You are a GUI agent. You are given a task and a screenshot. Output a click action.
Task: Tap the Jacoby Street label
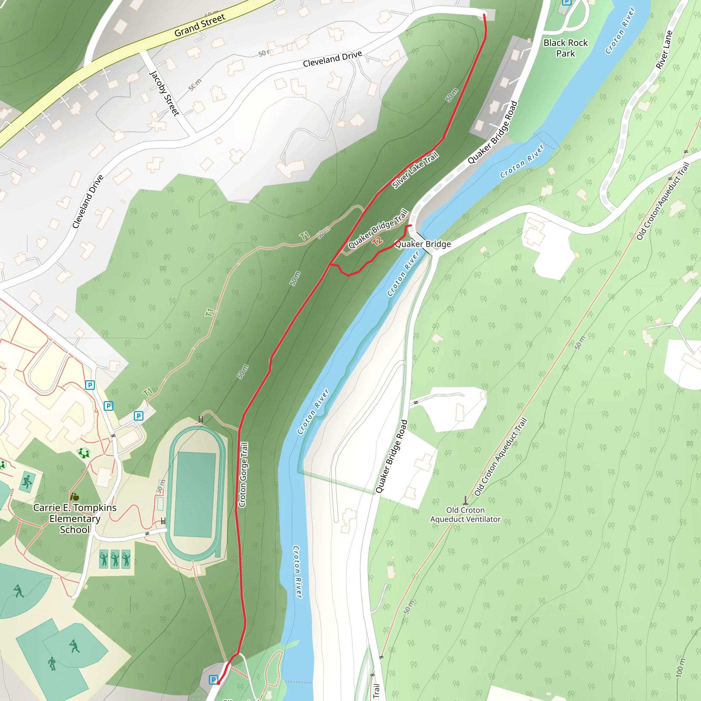coord(164,93)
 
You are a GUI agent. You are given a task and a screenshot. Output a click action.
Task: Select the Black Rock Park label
coord(565,48)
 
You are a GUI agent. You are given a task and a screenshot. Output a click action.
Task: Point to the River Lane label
coord(664,50)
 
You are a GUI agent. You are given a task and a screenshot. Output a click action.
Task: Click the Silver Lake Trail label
coord(416,170)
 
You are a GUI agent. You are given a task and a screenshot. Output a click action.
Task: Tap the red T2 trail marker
coord(377,241)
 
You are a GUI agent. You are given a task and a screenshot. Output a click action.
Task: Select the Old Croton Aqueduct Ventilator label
coord(465,514)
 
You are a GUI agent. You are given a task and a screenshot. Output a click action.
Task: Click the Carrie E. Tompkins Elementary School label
coord(75,519)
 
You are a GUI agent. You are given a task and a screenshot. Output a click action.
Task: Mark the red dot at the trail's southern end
coord(218,683)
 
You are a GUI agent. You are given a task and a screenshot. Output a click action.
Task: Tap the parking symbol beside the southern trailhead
coord(213,679)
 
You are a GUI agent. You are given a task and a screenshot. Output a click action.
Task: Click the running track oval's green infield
coord(195,494)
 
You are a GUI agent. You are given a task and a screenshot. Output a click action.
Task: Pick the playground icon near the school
coord(84,453)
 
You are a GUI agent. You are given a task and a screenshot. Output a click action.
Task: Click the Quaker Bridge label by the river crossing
coord(423,244)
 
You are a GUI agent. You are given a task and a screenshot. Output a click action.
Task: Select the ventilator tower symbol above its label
coord(466,500)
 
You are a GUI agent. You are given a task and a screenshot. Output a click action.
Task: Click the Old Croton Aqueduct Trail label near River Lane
coord(663,201)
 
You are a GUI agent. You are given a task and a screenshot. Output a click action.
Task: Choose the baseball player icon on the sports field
coord(75,646)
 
